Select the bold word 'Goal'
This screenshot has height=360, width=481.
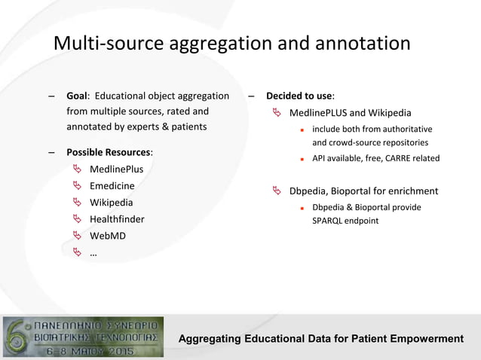click(x=77, y=96)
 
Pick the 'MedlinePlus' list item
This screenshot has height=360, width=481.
click(x=116, y=169)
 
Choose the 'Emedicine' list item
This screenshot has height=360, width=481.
click(x=112, y=186)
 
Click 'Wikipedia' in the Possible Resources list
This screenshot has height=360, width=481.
click(x=111, y=203)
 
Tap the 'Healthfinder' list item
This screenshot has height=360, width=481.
click(x=117, y=219)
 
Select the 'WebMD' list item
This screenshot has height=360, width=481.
click(x=108, y=236)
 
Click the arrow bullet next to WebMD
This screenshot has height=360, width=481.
click(x=77, y=236)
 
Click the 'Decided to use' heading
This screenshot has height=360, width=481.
click(x=299, y=96)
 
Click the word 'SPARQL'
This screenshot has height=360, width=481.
click(x=328, y=221)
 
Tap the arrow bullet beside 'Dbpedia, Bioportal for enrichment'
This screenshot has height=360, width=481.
click(x=277, y=191)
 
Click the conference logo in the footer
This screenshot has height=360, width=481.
click(x=84, y=337)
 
